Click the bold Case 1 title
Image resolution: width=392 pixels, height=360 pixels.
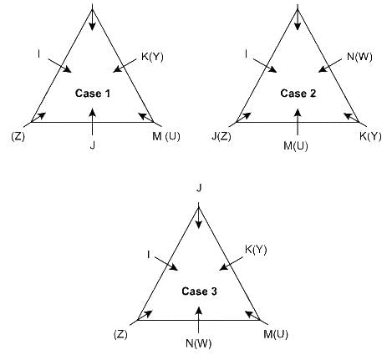93,94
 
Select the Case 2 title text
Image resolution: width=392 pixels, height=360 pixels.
298,94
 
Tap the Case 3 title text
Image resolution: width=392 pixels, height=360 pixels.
199,292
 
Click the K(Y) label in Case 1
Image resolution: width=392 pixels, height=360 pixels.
152,57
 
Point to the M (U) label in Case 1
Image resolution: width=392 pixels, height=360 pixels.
166,137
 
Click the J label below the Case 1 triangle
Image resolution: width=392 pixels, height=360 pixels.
93,145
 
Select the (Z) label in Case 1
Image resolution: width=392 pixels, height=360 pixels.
18,137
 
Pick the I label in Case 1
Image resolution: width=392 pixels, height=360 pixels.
38,54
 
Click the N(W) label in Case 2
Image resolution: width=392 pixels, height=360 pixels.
359,57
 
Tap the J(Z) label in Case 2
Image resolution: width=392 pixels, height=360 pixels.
221,137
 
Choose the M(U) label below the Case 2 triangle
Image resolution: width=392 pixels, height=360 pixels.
296,146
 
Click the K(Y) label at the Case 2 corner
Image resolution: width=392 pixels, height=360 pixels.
370,137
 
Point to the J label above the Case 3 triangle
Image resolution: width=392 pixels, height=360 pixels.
199,189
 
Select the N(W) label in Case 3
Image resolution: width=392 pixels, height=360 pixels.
198,343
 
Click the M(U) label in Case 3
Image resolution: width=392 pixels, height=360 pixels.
276,334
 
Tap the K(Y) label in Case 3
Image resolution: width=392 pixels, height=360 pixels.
256,250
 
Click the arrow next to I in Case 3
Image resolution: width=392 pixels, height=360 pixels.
166,264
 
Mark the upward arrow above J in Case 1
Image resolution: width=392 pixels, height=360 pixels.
93,122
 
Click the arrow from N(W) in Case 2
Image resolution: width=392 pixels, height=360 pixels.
330,66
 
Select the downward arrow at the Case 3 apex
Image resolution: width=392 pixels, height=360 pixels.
198,215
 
